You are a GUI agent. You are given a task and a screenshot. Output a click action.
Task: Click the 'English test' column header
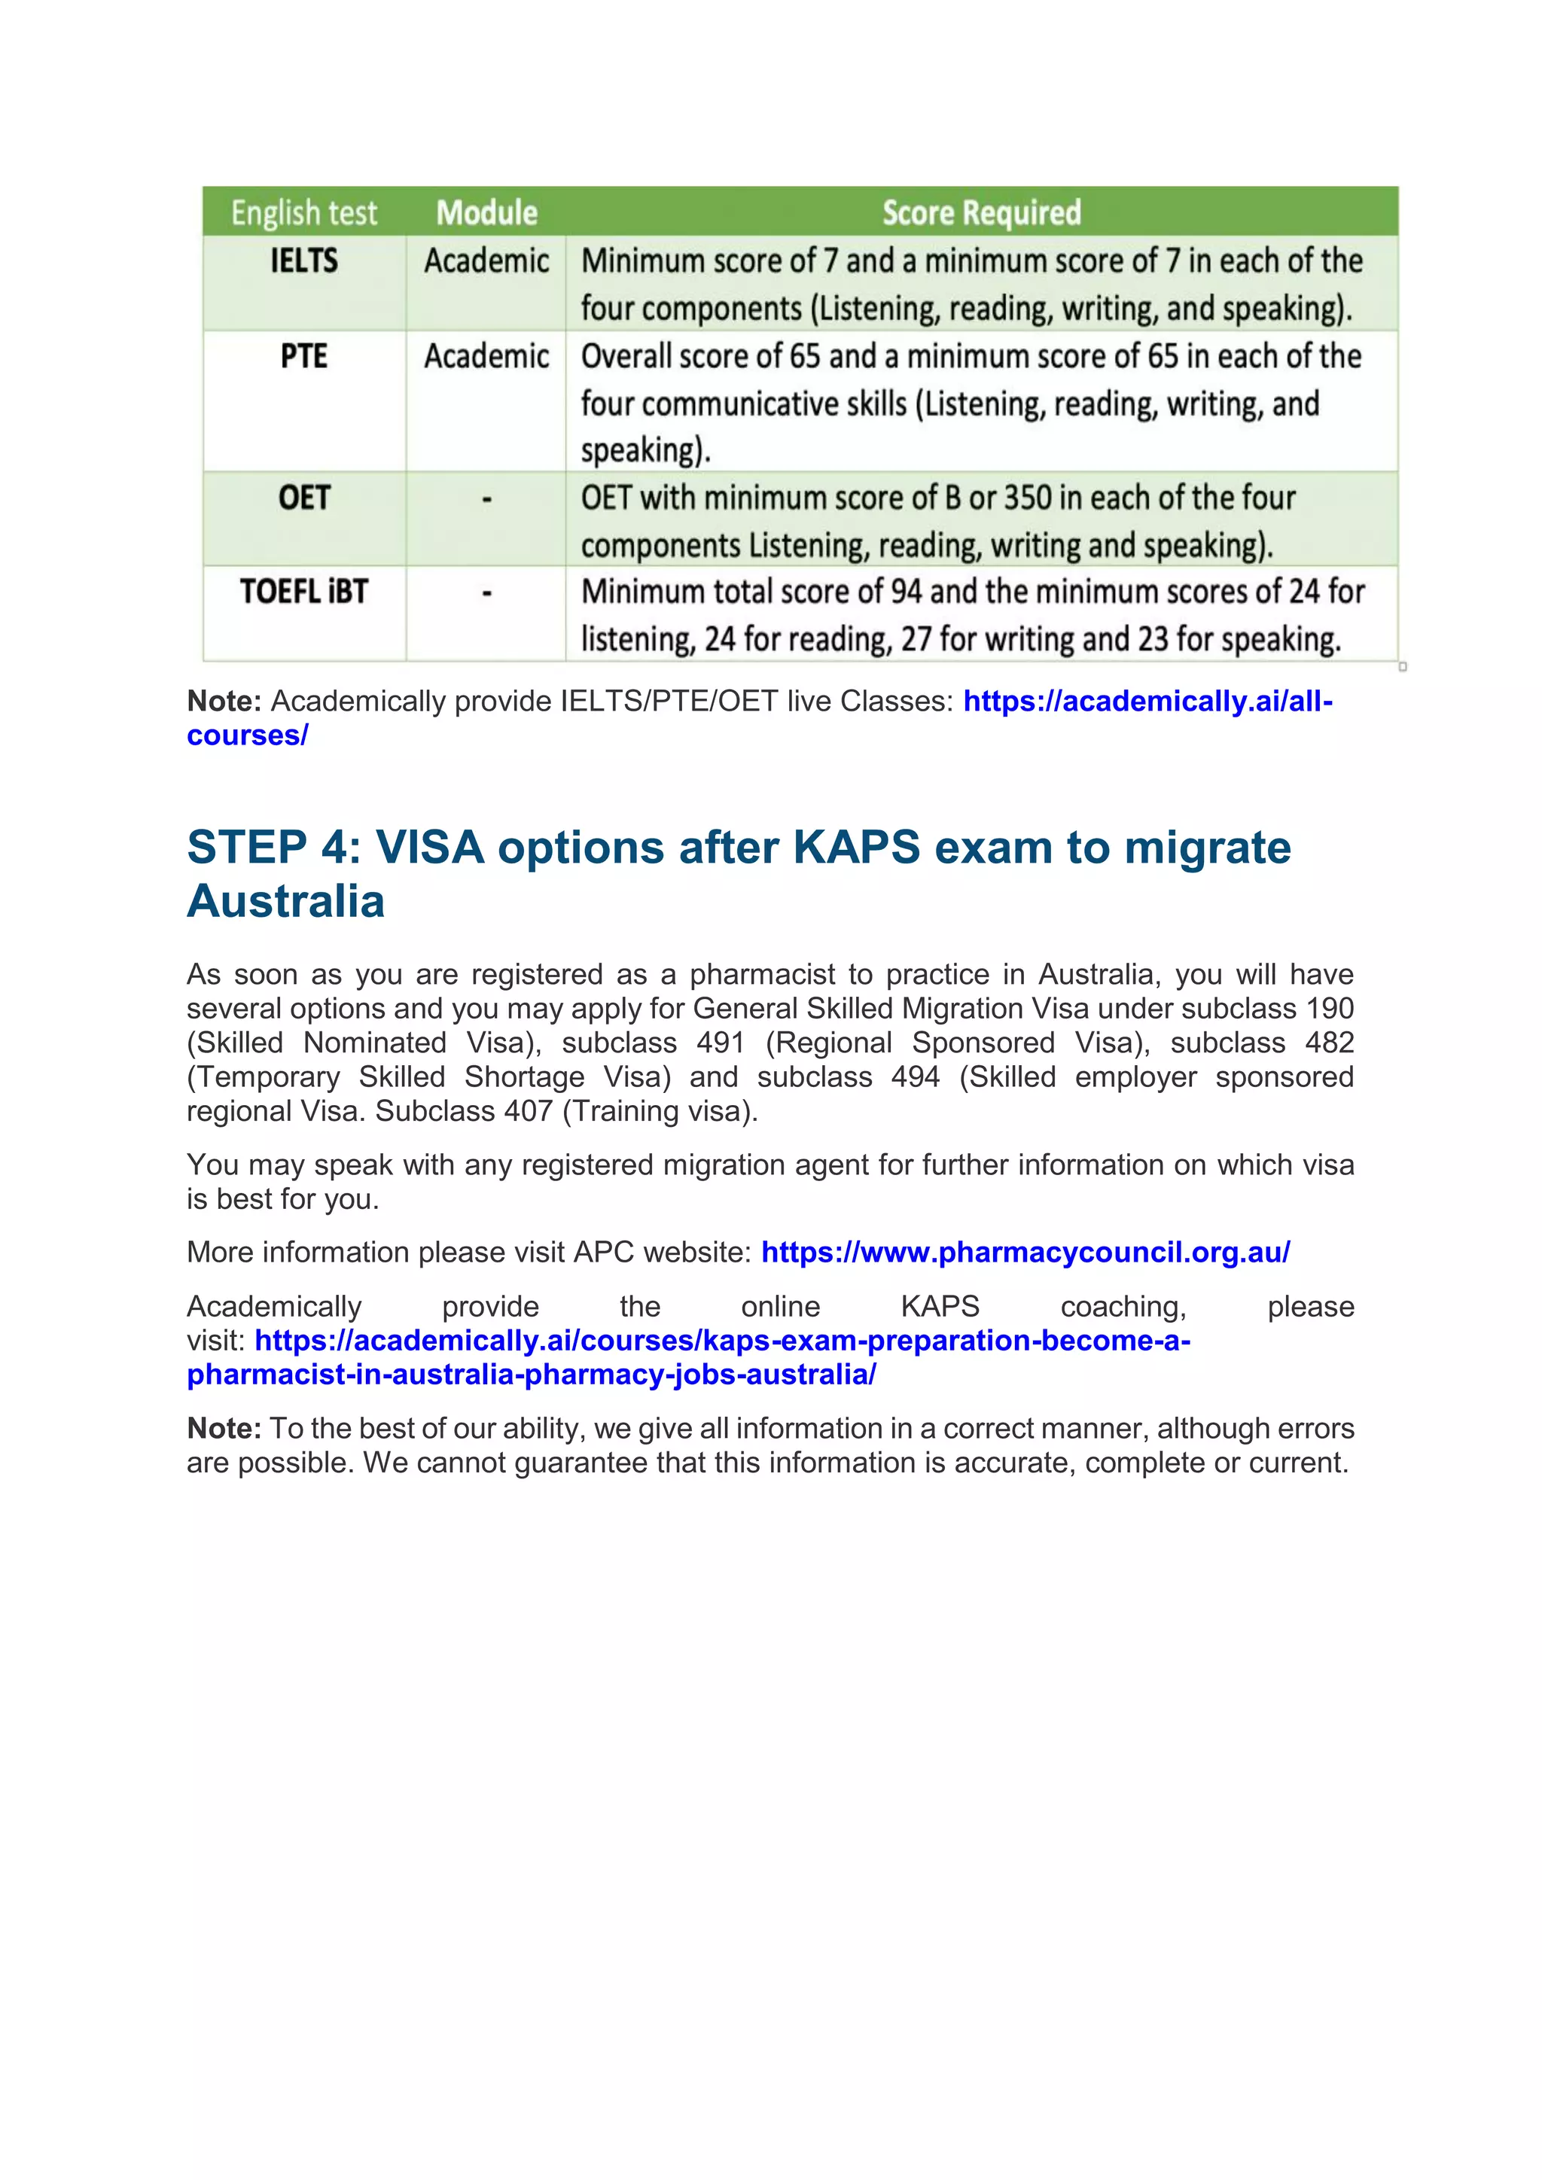point(304,213)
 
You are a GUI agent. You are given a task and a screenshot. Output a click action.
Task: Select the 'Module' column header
point(486,213)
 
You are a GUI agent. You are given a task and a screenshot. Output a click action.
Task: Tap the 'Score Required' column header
point(981,213)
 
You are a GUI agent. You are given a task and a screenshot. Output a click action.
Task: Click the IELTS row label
point(304,260)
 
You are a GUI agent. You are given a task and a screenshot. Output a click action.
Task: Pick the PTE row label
point(304,356)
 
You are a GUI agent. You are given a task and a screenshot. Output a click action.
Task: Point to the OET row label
point(304,498)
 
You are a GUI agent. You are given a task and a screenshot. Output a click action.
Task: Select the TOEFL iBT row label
point(304,592)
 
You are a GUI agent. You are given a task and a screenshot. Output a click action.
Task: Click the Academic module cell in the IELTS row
point(486,260)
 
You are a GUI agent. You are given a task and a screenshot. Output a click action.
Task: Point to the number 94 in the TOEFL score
point(906,592)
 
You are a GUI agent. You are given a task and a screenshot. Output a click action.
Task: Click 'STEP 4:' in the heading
point(274,847)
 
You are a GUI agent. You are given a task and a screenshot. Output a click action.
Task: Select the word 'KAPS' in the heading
point(855,847)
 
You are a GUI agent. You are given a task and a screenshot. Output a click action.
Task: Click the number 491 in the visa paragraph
point(720,1043)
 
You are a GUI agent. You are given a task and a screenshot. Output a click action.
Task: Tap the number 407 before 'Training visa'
point(528,1111)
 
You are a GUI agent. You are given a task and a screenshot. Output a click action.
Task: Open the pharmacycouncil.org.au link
point(1025,1253)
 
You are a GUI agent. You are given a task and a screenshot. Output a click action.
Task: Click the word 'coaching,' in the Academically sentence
point(1123,1307)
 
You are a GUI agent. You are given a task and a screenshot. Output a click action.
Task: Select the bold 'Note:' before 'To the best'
point(224,1428)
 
